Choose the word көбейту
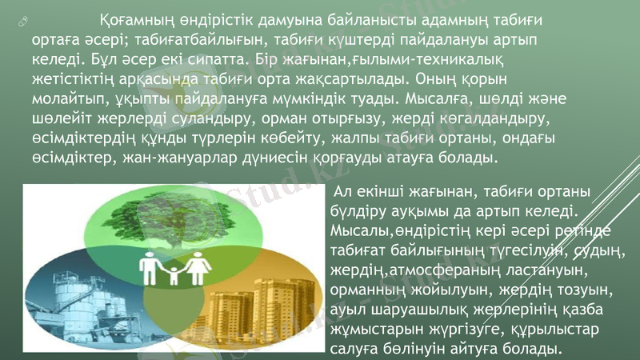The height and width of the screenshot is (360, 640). pos(306,138)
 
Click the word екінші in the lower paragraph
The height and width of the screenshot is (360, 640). pos(385,193)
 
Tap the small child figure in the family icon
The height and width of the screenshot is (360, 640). pos(175,275)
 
